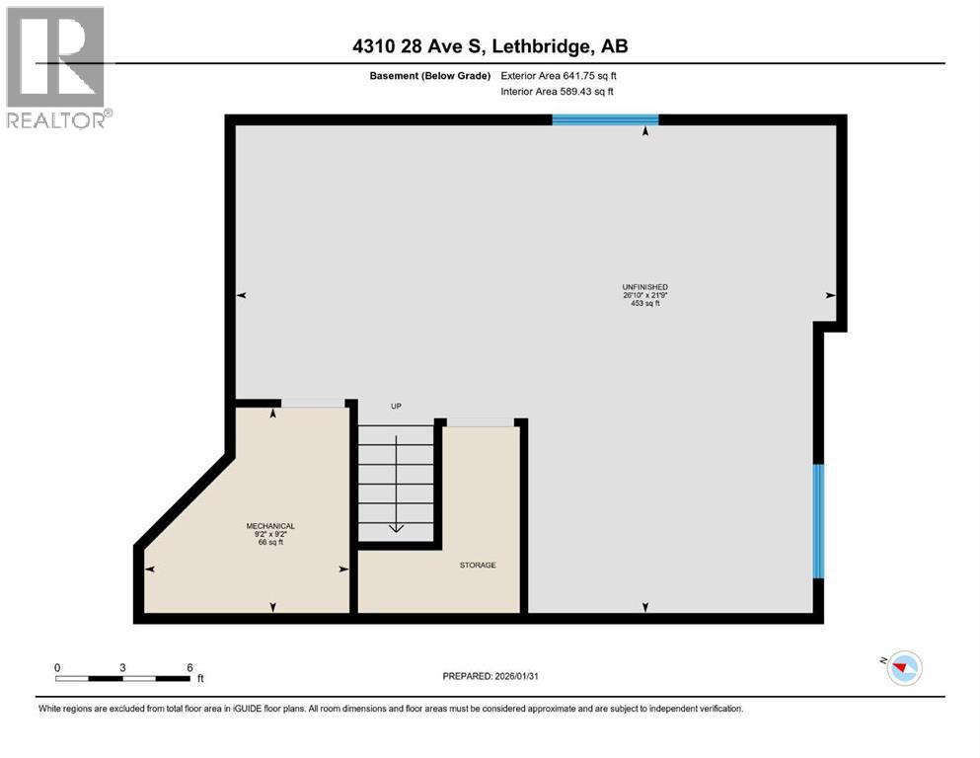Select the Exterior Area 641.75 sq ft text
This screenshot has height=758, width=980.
tap(559, 76)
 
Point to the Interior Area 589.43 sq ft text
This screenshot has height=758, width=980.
tap(557, 91)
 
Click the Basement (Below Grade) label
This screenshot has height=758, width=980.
tap(430, 76)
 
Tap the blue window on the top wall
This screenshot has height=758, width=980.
tap(605, 119)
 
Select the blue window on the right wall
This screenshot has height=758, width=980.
tap(818, 521)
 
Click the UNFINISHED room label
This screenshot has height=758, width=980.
tap(645, 287)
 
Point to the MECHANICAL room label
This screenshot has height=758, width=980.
tap(270, 526)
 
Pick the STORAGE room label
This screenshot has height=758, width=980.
tap(478, 565)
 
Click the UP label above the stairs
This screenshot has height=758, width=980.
tap(396, 407)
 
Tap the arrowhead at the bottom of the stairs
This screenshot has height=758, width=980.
tap(397, 529)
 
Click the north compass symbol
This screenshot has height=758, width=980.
tap(903, 667)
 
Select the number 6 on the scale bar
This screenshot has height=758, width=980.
tap(190, 667)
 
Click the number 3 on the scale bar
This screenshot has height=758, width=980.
tap(122, 667)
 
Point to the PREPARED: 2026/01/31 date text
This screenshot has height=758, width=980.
tap(490, 676)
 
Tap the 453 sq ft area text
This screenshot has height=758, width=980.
tap(645, 304)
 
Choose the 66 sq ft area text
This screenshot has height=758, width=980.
tap(270, 543)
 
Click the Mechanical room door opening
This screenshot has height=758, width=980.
tap(313, 403)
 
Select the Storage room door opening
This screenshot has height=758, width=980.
tap(480, 422)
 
